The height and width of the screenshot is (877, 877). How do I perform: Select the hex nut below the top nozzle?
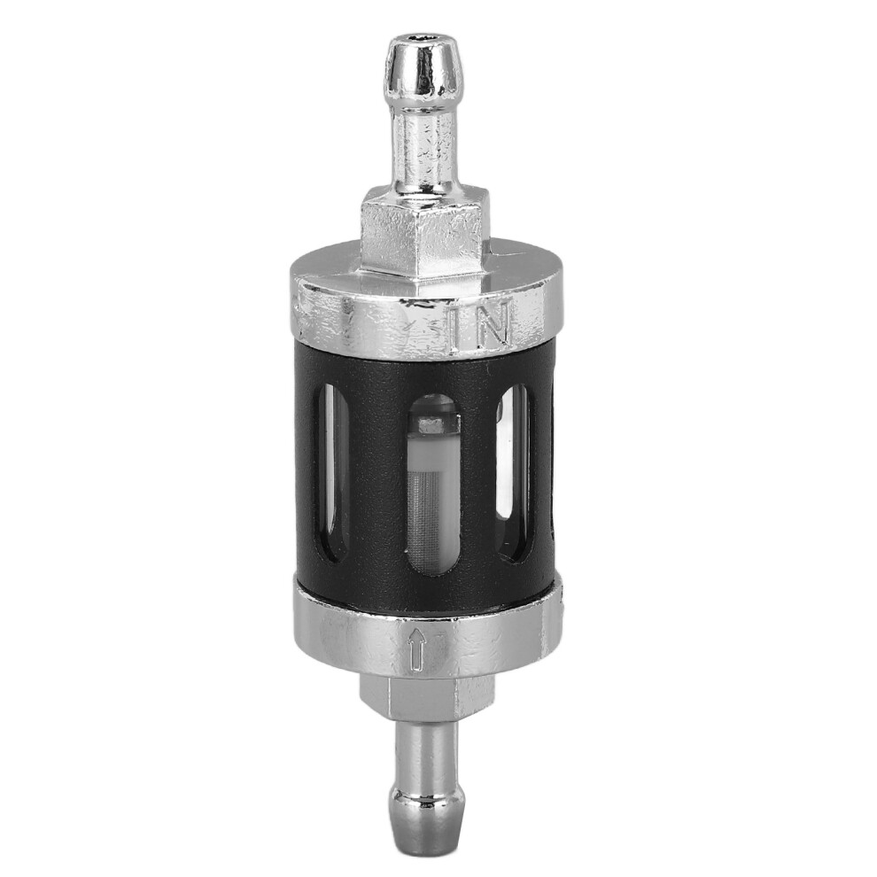point(426,235)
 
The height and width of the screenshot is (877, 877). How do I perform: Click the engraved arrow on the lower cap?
point(416,648)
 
